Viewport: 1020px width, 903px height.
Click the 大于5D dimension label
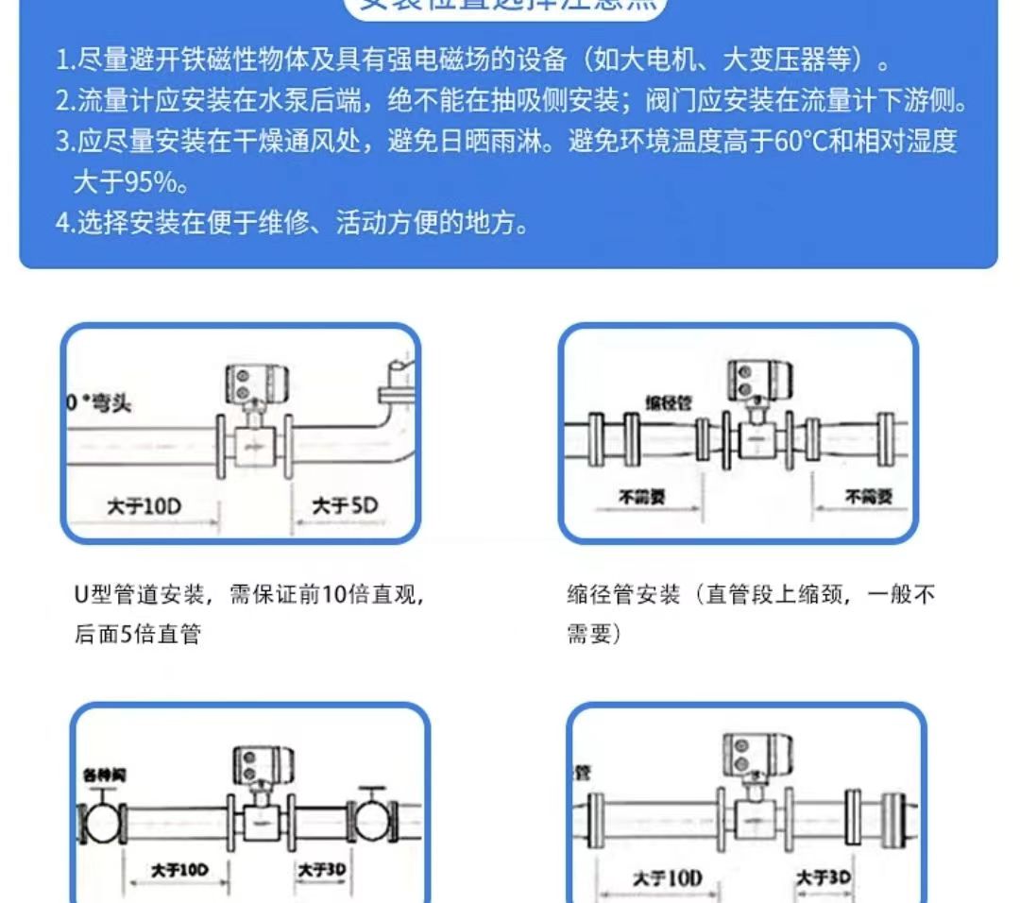[345, 505]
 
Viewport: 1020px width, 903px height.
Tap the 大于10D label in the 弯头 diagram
[144, 505]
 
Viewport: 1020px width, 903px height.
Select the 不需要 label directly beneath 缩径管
[642, 496]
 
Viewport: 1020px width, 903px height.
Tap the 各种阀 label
[103, 775]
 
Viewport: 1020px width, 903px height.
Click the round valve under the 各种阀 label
[102, 822]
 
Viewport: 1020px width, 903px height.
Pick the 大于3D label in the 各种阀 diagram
[322, 869]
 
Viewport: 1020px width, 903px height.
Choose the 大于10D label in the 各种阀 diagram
[179, 869]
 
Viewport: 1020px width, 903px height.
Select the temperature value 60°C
[802, 143]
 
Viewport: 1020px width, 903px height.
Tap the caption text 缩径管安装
[623, 595]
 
